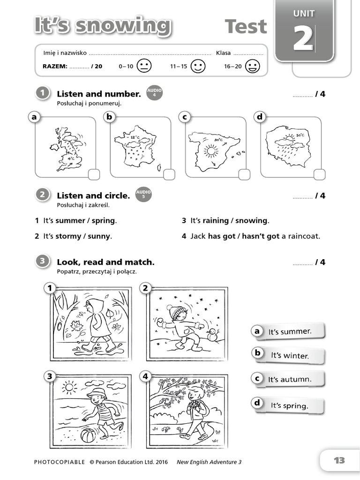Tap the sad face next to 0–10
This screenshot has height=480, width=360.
tap(144, 66)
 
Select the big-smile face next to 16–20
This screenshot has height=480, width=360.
tap(253, 66)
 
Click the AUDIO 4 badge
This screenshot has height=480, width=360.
tap(154, 92)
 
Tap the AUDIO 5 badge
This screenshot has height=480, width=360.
tap(143, 194)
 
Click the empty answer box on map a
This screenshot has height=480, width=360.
tap(94, 174)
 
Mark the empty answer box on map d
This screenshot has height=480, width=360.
tap(319, 174)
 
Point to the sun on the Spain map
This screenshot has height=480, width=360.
tap(211, 150)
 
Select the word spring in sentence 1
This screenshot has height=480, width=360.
tap(104, 220)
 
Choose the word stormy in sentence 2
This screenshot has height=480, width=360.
tap(68, 236)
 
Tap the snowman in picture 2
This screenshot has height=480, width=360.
tap(212, 335)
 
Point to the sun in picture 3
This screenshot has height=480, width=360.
tap(69, 387)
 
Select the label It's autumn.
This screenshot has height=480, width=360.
tap(289, 379)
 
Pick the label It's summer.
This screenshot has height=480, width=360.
tap(289, 331)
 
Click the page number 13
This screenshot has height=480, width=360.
tap(339, 460)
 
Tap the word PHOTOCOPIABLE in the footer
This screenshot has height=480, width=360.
tap(60, 462)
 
